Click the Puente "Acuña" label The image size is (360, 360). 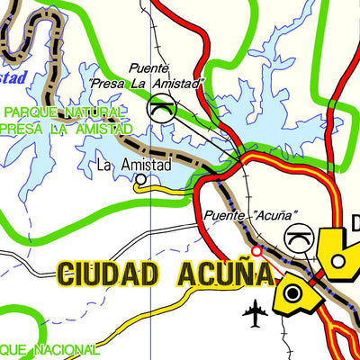pos(250,216)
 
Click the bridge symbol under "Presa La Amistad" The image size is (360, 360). pos(159,109)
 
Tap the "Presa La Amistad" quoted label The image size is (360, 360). pos(147,83)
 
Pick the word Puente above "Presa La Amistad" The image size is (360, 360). pos(148,68)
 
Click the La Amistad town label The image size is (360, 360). pos(134,166)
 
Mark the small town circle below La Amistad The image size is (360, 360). pos(141,179)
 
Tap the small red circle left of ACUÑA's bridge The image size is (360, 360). pos(256,252)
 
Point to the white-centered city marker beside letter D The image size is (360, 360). pos(338,261)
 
